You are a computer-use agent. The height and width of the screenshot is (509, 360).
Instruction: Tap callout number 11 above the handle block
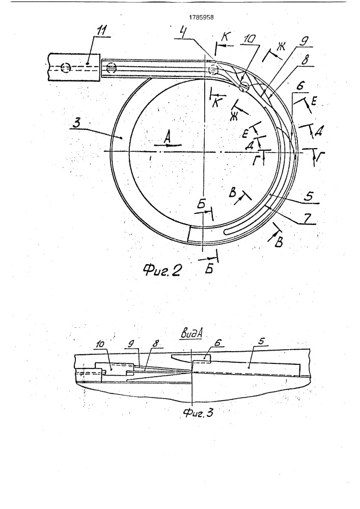click(102, 31)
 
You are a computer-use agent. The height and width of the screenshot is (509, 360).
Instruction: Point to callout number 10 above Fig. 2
click(250, 39)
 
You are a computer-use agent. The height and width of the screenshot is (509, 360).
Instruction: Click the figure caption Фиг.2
click(162, 270)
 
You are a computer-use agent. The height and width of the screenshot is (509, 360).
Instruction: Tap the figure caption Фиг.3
click(198, 413)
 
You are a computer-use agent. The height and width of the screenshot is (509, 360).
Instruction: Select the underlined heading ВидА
click(192, 334)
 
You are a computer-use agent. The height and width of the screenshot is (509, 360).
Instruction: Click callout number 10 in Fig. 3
click(101, 344)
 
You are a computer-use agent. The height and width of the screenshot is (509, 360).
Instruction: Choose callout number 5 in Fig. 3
click(262, 342)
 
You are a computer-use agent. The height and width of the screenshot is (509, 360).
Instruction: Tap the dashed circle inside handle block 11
click(66, 68)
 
